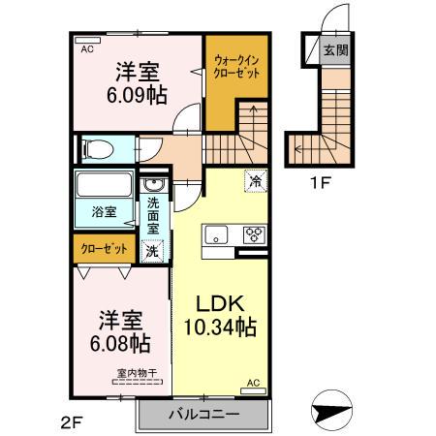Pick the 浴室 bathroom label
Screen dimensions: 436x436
pyautogui.click(x=104, y=209)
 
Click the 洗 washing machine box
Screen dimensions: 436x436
pyautogui.click(x=153, y=251)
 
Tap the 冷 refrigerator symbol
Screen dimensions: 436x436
pyautogui.click(x=256, y=179)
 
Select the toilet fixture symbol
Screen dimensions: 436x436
pyautogui.click(x=97, y=148)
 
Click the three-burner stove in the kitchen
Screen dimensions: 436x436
pyautogui.click(x=254, y=234)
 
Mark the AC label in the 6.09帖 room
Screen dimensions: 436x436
pyautogui.click(x=86, y=47)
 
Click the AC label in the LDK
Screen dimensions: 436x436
pyautogui.click(x=254, y=383)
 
